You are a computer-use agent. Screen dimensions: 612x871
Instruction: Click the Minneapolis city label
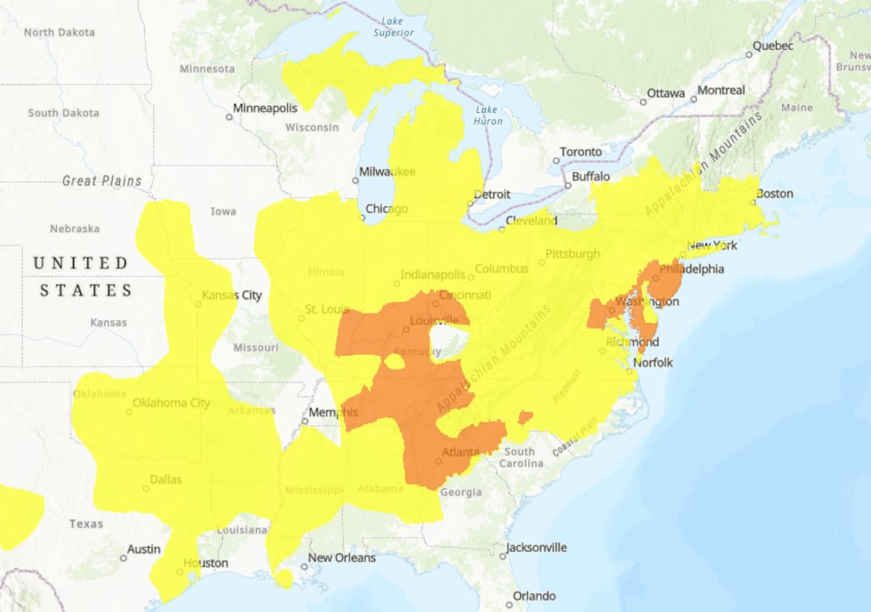265,109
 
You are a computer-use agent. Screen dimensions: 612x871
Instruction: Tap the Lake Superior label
394,28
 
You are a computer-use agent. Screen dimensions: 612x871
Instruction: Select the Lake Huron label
488,116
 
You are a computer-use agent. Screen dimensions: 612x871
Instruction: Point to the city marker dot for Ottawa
643,102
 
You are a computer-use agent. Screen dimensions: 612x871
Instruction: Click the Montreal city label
721,91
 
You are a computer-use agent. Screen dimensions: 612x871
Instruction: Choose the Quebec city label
772,45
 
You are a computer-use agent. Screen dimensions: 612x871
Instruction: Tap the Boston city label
774,194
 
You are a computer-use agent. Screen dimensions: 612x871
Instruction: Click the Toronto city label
580,152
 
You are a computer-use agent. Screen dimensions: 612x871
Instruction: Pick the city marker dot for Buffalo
568,186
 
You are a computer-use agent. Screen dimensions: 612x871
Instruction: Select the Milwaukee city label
387,171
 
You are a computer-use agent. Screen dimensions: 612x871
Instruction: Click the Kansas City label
232,295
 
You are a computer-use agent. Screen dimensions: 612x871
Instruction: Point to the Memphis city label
333,413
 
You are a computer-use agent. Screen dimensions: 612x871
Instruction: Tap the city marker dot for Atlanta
438,461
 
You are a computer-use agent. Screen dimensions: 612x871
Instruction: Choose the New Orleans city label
341,558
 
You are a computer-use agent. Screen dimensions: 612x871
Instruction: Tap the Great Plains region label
101,181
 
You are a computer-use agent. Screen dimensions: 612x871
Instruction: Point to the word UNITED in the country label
80,263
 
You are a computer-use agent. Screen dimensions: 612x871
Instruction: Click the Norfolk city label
653,362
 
